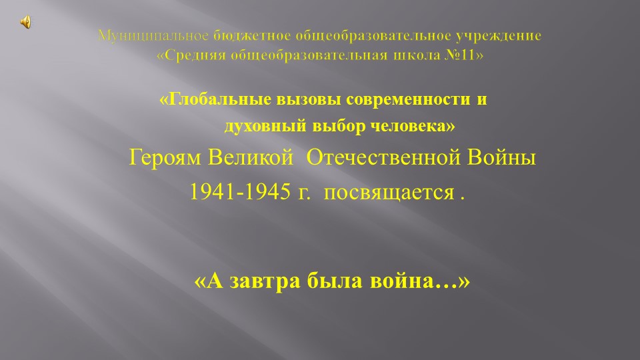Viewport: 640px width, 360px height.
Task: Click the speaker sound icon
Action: [25, 23]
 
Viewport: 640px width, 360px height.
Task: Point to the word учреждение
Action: [502, 36]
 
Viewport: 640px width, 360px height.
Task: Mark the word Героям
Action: [165, 159]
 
